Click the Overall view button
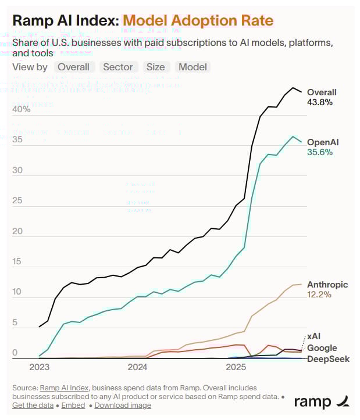tap(73, 67)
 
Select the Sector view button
tap(118, 67)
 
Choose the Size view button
tap(155, 67)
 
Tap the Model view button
tap(193, 67)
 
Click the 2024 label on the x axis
tap(137, 367)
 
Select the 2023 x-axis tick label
tap(39, 367)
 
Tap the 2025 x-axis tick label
tap(236, 367)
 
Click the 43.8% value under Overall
tap(319, 102)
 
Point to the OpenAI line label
tap(323, 142)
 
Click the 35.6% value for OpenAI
tap(319, 152)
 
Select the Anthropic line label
tap(327, 285)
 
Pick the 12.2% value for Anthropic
tap(319, 295)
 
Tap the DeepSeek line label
tap(328, 359)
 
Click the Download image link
tap(123, 405)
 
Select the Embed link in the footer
tap(73, 405)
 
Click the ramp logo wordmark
tap(313, 401)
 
